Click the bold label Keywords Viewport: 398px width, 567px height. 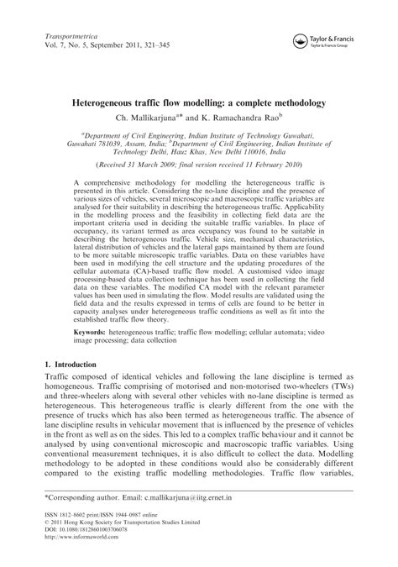93,333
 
